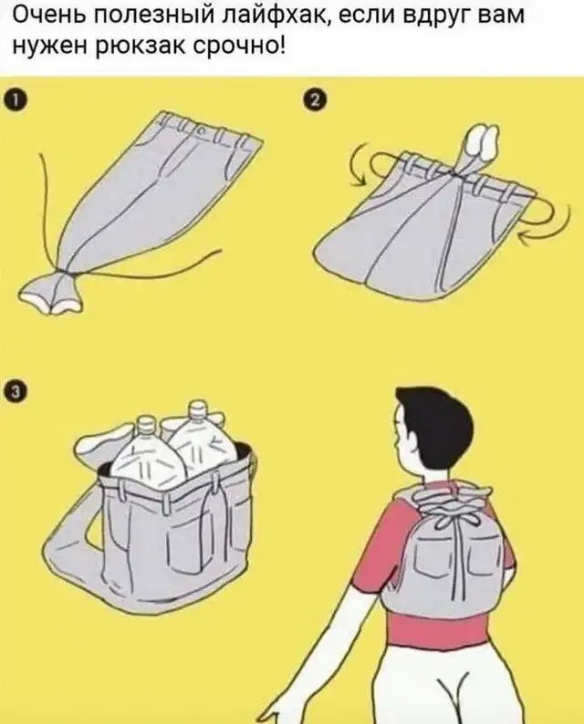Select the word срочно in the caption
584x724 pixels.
239,47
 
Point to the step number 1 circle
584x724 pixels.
15,100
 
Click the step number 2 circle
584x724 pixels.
314,100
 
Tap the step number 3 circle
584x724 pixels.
15,391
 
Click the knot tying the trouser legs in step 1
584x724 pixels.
66,274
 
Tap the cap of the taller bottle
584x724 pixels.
197,409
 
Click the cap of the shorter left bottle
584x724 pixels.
146,423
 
